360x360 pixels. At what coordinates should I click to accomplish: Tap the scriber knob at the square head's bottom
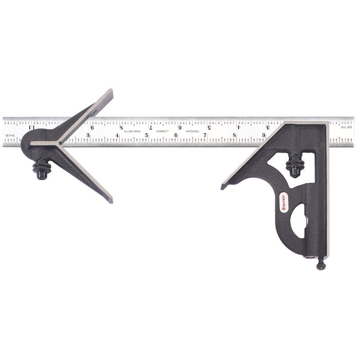click(x=321, y=265)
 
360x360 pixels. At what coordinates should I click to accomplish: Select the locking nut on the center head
click(x=42, y=167)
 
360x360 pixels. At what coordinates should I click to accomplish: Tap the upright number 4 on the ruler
click(x=117, y=135)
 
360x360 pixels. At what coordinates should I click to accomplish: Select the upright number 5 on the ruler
click(x=146, y=135)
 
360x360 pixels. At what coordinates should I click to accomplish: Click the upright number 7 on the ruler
click(x=205, y=135)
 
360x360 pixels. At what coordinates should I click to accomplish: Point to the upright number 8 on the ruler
click(x=234, y=135)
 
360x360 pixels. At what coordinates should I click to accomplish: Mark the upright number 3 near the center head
click(x=88, y=135)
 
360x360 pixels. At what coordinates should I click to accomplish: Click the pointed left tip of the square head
click(x=223, y=186)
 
